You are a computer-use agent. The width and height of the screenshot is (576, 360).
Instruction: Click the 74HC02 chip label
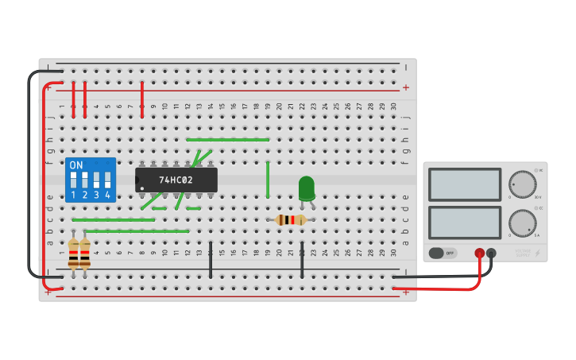[176, 180]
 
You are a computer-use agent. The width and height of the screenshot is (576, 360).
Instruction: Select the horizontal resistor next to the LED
[291, 220]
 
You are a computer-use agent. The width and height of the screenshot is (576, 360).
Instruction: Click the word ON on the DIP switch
[76, 165]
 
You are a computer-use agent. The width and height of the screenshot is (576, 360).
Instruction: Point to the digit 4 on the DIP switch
[107, 195]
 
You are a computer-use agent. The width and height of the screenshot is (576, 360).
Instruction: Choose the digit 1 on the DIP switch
[73, 195]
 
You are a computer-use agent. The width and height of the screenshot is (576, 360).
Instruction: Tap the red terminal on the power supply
[480, 254]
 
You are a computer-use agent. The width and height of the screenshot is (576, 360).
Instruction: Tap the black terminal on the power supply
[491, 254]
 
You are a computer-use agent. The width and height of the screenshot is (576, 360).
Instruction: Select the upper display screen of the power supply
[465, 184]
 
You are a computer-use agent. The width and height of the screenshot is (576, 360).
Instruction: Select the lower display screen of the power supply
[465, 223]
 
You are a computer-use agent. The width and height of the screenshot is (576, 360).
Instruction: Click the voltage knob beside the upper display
[522, 184]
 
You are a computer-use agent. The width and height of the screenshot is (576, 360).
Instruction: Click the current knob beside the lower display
[522, 223]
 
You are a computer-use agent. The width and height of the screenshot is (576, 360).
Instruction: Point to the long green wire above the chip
[228, 140]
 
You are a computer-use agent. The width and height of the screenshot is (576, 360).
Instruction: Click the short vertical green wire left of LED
[268, 180]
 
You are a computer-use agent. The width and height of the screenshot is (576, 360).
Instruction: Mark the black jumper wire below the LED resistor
[302, 260]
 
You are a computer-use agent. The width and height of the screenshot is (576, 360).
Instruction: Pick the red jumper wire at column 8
[142, 100]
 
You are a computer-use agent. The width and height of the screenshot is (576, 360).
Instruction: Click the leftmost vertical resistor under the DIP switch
[73, 254]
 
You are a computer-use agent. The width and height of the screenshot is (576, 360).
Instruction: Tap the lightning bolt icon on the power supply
[538, 254]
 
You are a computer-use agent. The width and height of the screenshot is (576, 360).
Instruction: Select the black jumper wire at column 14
[211, 260]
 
